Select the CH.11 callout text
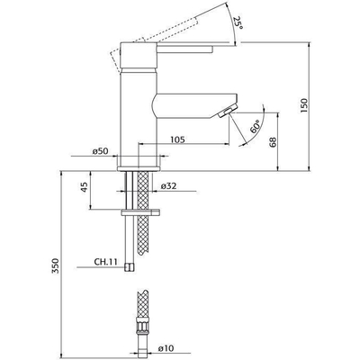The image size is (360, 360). coord(105,264)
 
